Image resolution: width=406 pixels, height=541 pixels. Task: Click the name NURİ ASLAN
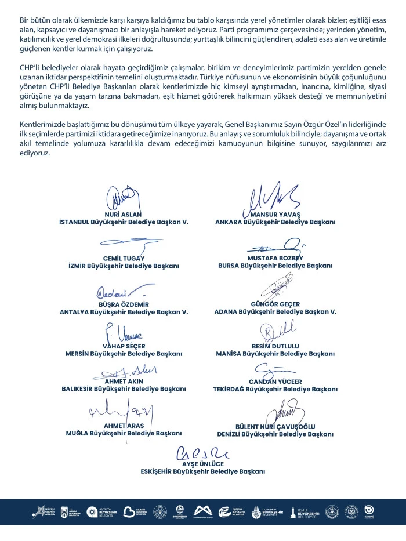pyautogui.click(x=123, y=214)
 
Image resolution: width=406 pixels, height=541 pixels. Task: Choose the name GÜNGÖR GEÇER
pyautogui.click(x=275, y=304)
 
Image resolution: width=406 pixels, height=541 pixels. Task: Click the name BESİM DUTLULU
pyautogui.click(x=275, y=346)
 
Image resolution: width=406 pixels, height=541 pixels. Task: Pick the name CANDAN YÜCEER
pyautogui.click(x=275, y=382)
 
